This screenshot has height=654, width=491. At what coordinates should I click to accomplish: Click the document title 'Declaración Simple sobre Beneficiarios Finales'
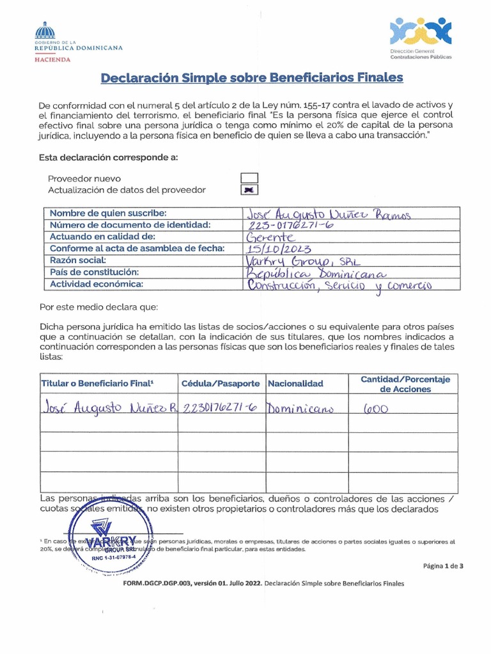point(252,78)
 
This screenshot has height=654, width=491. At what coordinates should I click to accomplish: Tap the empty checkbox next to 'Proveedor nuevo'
point(249,178)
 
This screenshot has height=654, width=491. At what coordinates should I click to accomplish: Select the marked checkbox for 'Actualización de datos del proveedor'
point(249,190)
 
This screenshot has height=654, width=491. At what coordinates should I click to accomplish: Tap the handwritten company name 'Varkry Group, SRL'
point(297,261)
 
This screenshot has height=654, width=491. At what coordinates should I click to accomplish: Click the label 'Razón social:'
point(78,261)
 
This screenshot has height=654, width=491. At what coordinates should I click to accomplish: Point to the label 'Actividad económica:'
point(97,284)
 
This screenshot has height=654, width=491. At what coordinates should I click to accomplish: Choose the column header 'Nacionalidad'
point(295,384)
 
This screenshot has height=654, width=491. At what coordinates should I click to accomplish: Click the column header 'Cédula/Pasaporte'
point(221,384)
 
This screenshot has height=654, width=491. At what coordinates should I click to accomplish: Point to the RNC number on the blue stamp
point(114,558)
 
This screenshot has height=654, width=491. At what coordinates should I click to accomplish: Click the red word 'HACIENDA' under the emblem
point(52,59)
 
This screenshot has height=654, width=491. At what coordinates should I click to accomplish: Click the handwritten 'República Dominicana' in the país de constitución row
point(304,273)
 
